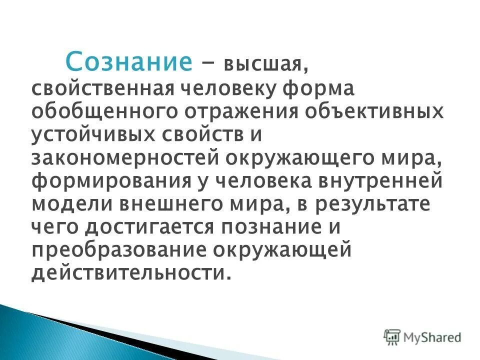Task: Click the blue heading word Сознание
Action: [x=129, y=62]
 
